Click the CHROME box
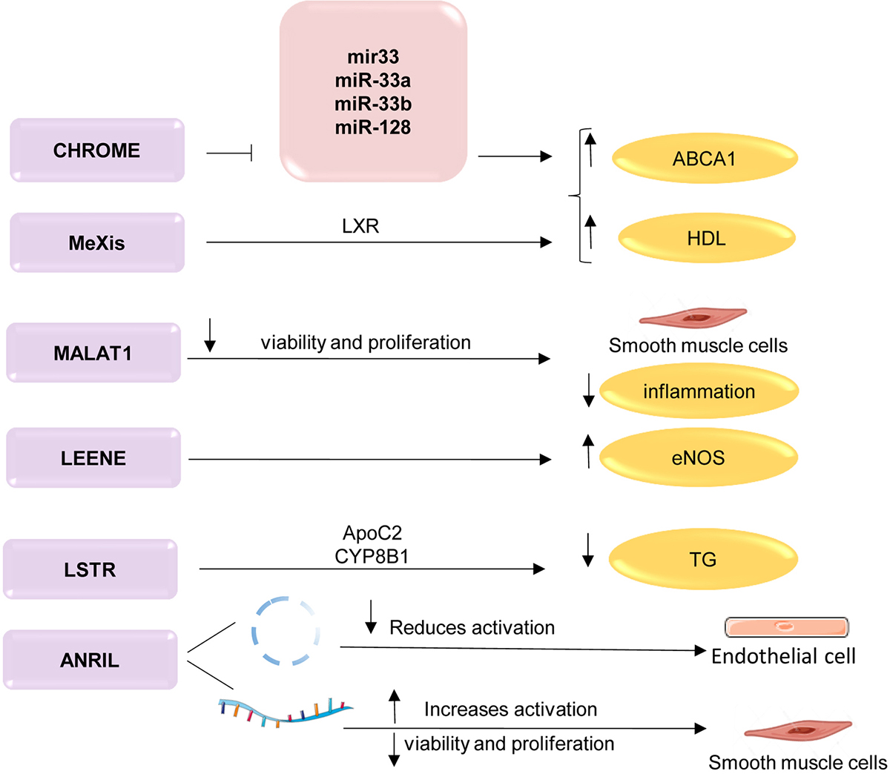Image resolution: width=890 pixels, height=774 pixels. [97, 150]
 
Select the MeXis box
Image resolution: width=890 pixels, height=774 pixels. [97, 242]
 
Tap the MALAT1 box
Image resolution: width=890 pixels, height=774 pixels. [93, 353]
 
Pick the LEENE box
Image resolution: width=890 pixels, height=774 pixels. [93, 458]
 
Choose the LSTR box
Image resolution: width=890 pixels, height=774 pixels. [90, 569]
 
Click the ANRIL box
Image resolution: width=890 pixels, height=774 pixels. [90, 660]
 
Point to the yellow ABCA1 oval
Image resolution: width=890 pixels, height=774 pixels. [704, 158]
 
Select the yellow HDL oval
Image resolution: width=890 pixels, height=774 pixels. [706, 239]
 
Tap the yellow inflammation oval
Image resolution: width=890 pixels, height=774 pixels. [699, 391]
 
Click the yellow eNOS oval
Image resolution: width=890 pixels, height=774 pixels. [698, 457]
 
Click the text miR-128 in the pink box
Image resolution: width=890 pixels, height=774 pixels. [372, 127]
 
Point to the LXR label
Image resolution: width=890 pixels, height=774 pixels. [360, 226]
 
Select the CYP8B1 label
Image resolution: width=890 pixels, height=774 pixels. [372, 555]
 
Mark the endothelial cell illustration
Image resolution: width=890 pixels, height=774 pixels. [785, 627]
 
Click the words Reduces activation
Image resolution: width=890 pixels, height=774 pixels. [472, 627]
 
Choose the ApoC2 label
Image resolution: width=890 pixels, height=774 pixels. [372, 533]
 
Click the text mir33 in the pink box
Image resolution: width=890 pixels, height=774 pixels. [372, 57]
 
